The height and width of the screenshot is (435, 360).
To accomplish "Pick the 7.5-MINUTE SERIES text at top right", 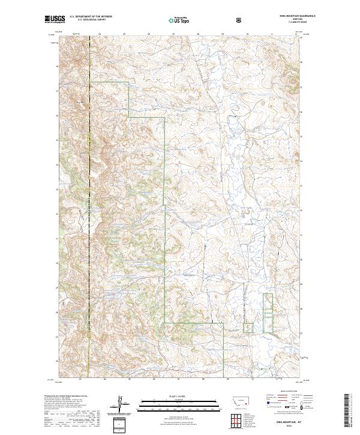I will point(298,23).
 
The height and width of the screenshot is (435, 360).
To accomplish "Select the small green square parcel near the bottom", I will point(248,327).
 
